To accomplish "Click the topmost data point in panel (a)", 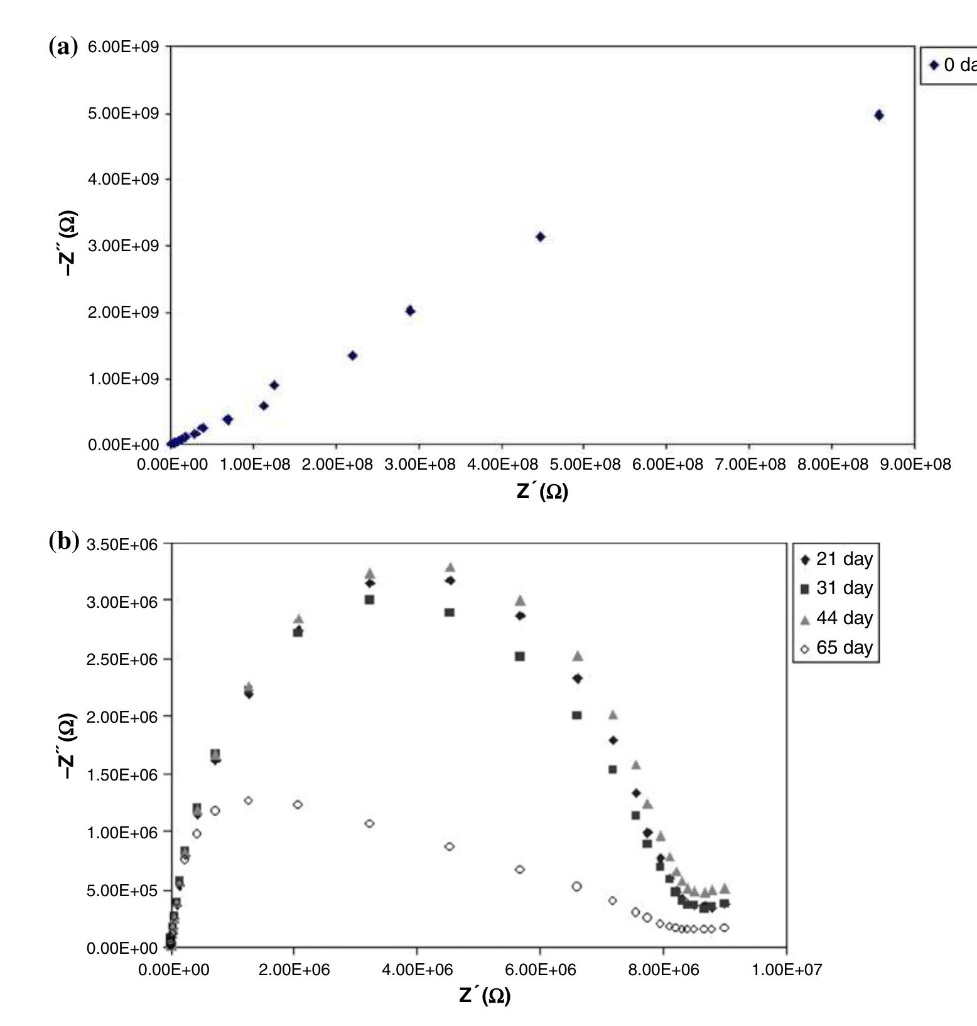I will [878, 115].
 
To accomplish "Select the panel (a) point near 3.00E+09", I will [540, 237].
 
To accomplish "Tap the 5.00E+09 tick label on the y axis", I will [124, 114].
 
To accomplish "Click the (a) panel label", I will [63, 46].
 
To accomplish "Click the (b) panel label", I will [63, 541].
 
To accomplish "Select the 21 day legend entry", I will [838, 559].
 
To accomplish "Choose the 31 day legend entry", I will [838, 588].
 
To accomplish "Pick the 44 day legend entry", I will [838, 618].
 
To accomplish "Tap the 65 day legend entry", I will [838, 647].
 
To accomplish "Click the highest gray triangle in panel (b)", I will [450, 567].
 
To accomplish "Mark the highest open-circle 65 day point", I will [248, 801].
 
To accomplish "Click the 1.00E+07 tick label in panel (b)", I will [786, 970].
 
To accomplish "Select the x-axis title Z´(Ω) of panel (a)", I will [542, 491].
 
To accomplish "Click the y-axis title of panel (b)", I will [67, 746].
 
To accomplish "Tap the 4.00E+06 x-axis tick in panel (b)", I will [417, 970].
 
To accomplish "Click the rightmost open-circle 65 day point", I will [724, 927].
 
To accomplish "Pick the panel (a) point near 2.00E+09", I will [410, 311].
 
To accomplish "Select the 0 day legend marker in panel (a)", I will [934, 65].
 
